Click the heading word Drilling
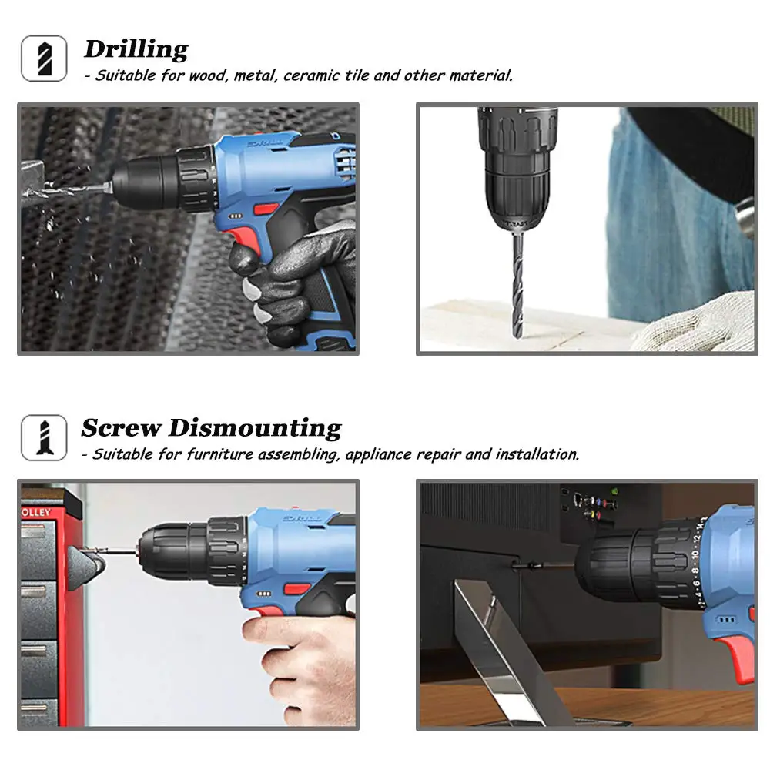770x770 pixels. point(136,49)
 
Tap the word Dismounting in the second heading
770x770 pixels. point(255,427)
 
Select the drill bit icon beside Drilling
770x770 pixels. point(44,59)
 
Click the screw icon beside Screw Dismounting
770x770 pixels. point(44,437)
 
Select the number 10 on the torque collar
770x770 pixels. point(694,555)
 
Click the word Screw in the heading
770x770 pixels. point(121,427)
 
